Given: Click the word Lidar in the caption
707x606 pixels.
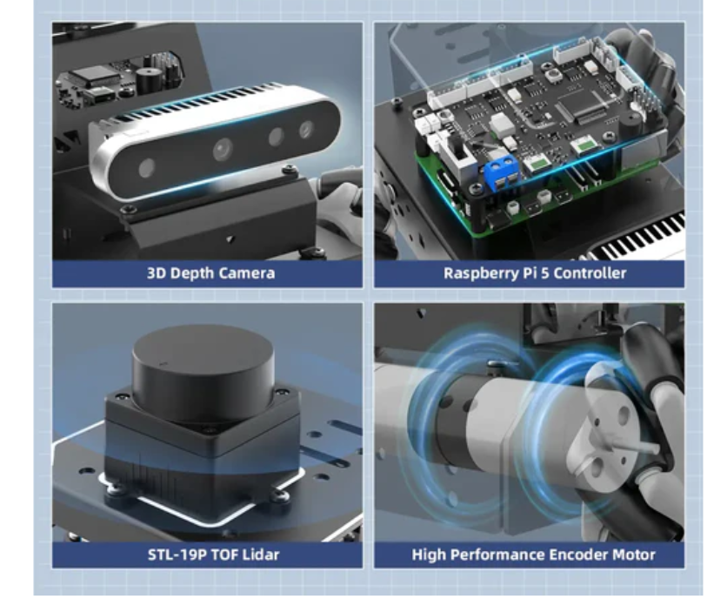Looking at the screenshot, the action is tap(261, 555).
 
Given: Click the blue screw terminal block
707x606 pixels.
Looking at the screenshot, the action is tap(501, 172).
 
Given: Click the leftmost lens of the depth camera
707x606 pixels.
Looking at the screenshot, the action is tap(147, 169).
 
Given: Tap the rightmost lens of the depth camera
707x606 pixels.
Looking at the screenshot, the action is tap(306, 130).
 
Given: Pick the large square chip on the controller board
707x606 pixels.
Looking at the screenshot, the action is tap(579, 107).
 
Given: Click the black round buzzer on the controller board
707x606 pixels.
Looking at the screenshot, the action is tap(629, 120).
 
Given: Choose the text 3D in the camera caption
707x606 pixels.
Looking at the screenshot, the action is tap(157, 273).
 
